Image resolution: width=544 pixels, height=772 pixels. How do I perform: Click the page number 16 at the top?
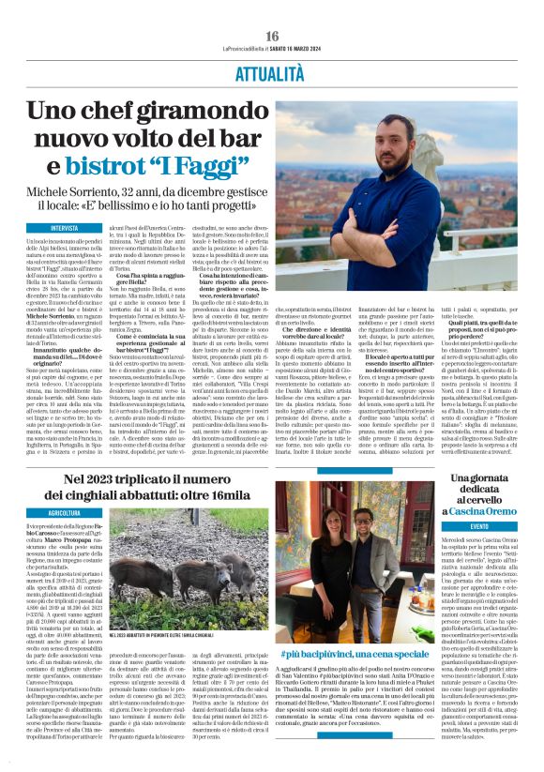pyautogui.click(x=273, y=37)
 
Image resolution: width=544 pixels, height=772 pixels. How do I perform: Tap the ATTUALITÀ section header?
pyautogui.click(x=272, y=71)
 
